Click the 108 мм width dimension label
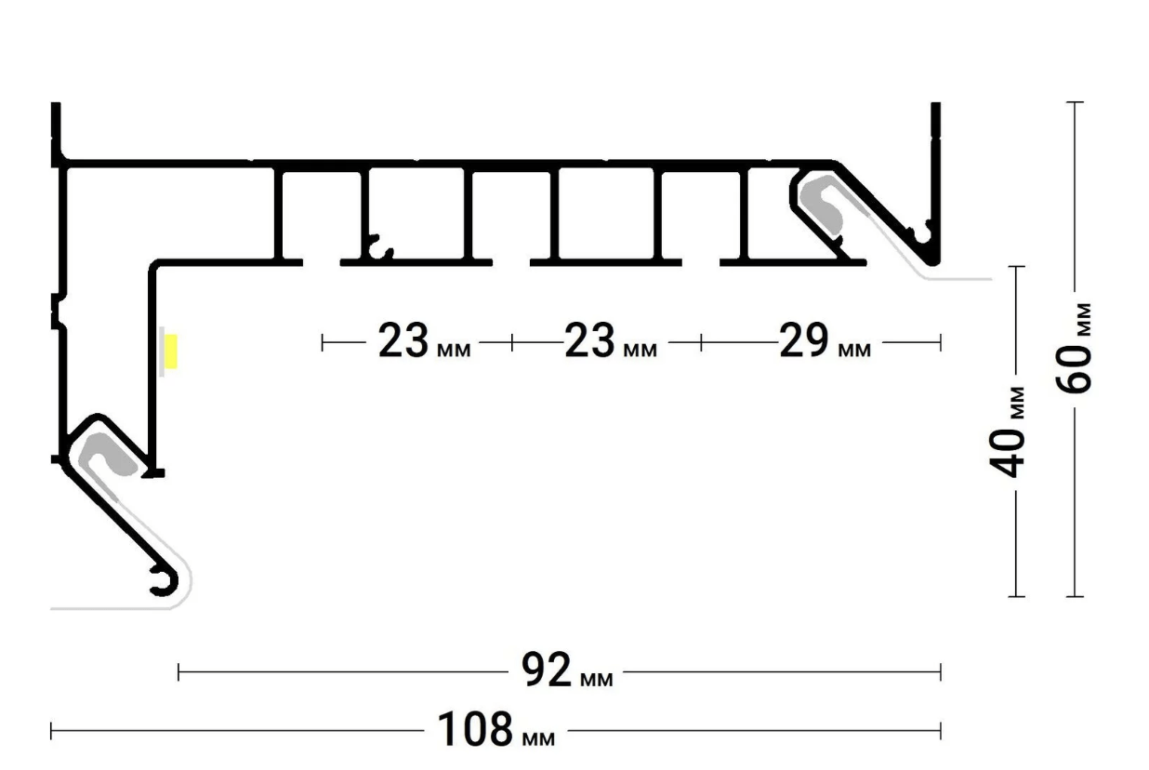[496, 729]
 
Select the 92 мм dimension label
[567, 670]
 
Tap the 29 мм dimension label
[825, 339]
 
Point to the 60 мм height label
[1074, 349]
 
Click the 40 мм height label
[1007, 431]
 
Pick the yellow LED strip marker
[171, 352]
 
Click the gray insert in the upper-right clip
[821, 204]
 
